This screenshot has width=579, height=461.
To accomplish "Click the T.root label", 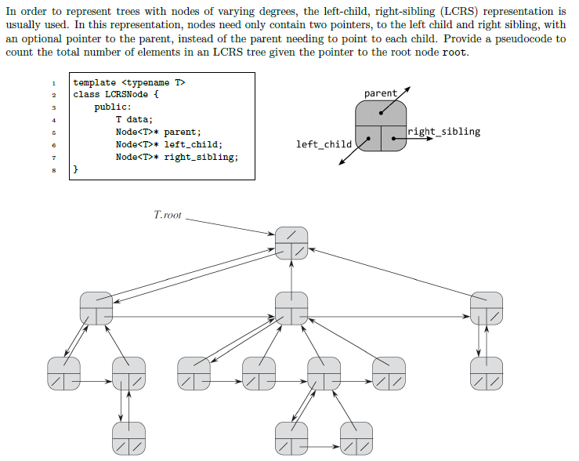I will tap(168, 214).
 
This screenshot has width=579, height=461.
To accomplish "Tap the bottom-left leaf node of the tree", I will tap(128, 437).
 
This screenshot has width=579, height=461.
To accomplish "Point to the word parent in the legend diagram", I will tap(381, 93).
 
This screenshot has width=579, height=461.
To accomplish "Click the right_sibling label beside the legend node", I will tap(444, 132).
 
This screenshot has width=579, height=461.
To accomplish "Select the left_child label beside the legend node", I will tap(324, 144).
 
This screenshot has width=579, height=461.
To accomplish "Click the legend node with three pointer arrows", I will tap(380, 128).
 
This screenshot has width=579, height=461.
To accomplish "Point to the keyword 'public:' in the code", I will tap(113, 107).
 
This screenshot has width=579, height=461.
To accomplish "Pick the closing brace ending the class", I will tap(76, 169).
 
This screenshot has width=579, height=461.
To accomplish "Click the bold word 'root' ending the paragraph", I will tap(454, 53).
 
